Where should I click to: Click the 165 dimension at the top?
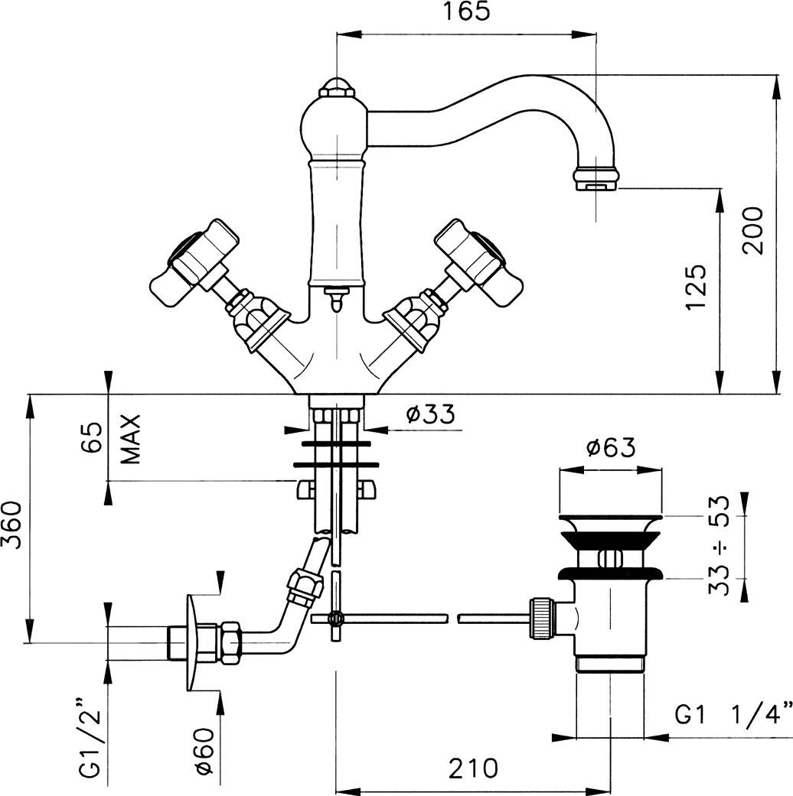(x=465, y=13)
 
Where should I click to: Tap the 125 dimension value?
(x=695, y=288)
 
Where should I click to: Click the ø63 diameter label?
(x=610, y=448)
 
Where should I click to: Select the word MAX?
(x=132, y=440)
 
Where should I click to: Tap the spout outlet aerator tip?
(x=595, y=180)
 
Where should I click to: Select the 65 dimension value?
(x=91, y=440)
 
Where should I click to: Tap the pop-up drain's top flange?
(x=610, y=520)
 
